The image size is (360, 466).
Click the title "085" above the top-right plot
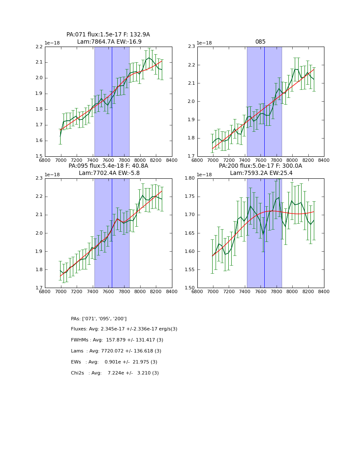coord(260,42)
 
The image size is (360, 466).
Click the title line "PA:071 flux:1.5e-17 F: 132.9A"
coord(108,35)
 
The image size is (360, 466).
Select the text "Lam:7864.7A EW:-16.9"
coord(109,42)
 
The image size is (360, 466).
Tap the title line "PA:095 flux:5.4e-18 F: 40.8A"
coord(108,166)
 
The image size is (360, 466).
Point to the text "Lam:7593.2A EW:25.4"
coord(261,173)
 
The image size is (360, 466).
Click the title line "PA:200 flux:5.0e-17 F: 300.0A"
coord(260,166)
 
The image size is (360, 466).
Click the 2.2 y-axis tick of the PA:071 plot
coord(38,47)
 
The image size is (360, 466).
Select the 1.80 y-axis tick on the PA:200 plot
coord(189,178)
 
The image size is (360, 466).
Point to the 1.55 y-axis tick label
coord(189,270)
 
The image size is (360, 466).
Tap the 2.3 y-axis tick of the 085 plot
coord(191,47)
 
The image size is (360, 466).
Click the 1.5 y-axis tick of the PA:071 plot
coord(38,156)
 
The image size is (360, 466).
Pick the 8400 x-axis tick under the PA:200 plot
coord(324,291)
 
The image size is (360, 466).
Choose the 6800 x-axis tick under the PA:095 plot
coord(45,291)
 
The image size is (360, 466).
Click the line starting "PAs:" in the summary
coord(99,319)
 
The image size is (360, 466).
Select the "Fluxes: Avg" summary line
coord(124,329)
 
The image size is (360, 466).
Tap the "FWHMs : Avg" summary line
coord(117,340)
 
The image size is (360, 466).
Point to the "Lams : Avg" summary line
coord(116,351)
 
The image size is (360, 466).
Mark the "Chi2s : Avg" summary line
coord(115,373)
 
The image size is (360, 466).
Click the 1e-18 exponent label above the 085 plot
coord(204,43)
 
